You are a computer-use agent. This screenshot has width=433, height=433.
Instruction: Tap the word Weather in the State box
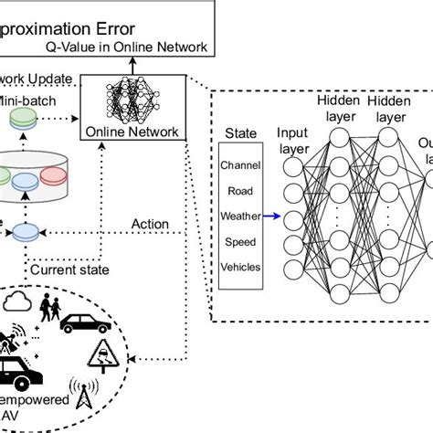tap(241, 216)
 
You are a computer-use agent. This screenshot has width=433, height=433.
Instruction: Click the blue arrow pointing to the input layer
tap(273, 216)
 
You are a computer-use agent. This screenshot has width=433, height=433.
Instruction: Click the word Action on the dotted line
tap(149, 224)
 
